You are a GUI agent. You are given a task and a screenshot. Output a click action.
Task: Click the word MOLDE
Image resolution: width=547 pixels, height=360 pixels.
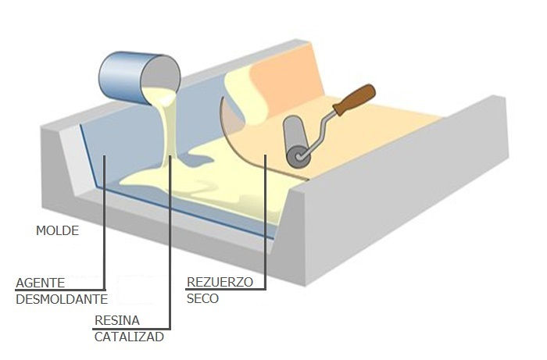pos(58,230)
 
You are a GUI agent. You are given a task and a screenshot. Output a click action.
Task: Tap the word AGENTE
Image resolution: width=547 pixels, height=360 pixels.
pos(41,283)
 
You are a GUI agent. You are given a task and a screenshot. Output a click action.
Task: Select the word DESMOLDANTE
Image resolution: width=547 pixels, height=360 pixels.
pos(62,299)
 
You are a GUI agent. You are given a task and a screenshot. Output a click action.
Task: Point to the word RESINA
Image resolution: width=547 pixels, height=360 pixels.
pos(117,321)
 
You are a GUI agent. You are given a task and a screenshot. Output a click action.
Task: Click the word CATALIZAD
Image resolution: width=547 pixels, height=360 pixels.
pos(129,337)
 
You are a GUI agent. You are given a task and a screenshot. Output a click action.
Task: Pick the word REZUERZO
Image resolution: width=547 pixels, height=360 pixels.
pos(220,282)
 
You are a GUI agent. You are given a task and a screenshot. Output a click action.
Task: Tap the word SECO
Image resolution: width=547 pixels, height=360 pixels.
pos(202,298)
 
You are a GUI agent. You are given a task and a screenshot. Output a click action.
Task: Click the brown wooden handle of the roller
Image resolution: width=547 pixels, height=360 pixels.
pos(354,99)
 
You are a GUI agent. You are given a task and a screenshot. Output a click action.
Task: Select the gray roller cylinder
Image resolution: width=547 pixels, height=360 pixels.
pos(296,140)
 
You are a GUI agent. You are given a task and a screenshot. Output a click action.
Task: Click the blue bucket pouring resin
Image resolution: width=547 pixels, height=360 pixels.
pos(140,78)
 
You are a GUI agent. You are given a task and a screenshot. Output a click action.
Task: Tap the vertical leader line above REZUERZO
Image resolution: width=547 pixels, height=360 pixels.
pos(265,222)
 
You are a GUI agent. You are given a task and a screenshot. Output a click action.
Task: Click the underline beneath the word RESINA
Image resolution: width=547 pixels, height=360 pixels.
pos(131,329)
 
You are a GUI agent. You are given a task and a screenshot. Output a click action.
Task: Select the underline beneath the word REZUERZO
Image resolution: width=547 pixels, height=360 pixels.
pos(226,289)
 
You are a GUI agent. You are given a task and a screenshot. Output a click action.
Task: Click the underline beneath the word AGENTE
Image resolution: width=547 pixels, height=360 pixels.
pos(60,290)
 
